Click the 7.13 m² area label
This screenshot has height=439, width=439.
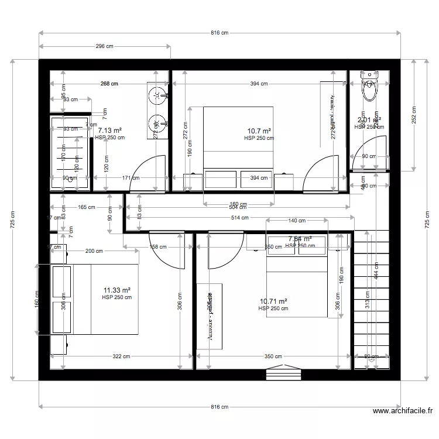tap(109, 131)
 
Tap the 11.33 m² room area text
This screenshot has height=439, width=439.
tap(116, 290)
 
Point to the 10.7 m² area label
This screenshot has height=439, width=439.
tap(259, 131)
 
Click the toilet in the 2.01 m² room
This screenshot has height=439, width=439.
tap(369, 87)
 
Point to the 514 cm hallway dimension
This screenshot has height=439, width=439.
tap(239, 218)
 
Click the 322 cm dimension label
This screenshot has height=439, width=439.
tap(121, 356)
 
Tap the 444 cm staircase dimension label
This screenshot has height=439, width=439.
tap(377, 269)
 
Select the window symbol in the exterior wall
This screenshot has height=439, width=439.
tap(283, 372)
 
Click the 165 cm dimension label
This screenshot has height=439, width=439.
tap(86, 207)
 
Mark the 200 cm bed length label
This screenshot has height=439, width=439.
tap(94, 251)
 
